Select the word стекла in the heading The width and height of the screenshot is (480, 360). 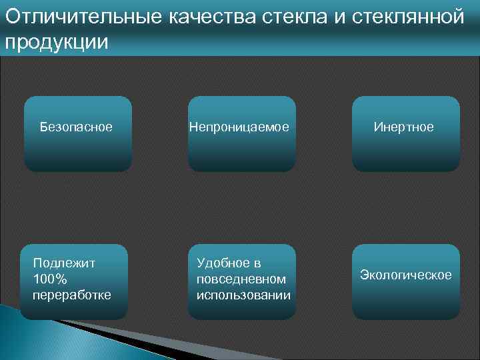pyautogui.click(x=293, y=17)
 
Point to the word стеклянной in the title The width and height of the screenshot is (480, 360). pyautogui.click(x=407, y=17)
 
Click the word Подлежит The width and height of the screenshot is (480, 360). pyautogui.click(x=64, y=263)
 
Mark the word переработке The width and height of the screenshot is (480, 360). pyautogui.click(x=72, y=295)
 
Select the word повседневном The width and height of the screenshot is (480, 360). pyautogui.click(x=241, y=279)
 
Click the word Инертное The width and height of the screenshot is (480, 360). pyautogui.click(x=403, y=127)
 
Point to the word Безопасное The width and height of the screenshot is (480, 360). pyautogui.click(x=76, y=127)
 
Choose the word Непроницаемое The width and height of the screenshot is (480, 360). pyautogui.click(x=239, y=127)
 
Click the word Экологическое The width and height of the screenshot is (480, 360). pyautogui.click(x=405, y=275)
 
